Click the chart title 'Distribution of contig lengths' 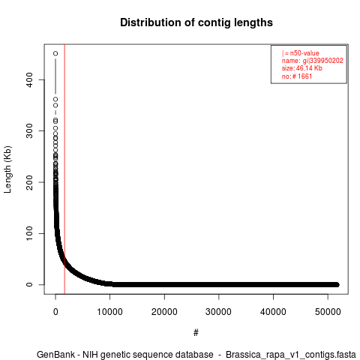click(196, 22)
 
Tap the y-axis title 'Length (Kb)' click(7, 169)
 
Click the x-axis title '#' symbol click(196, 333)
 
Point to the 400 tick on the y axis click(29, 79)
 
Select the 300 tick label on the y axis click(29, 130)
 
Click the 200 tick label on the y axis click(29, 182)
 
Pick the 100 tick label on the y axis click(29, 233)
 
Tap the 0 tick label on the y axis click(29, 284)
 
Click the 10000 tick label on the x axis click(109, 312)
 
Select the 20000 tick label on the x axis click(164, 312)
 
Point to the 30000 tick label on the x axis click(218, 312)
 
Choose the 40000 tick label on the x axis click(273, 312)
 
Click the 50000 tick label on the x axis click(328, 312)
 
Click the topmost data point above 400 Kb click(55, 53)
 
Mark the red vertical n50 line click(64, 169)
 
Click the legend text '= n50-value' click(302, 53)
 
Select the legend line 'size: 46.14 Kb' click(302, 68)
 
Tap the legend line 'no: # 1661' click(297, 76)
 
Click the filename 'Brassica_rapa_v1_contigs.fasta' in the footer click(291, 355)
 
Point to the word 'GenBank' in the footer click(55, 355)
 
